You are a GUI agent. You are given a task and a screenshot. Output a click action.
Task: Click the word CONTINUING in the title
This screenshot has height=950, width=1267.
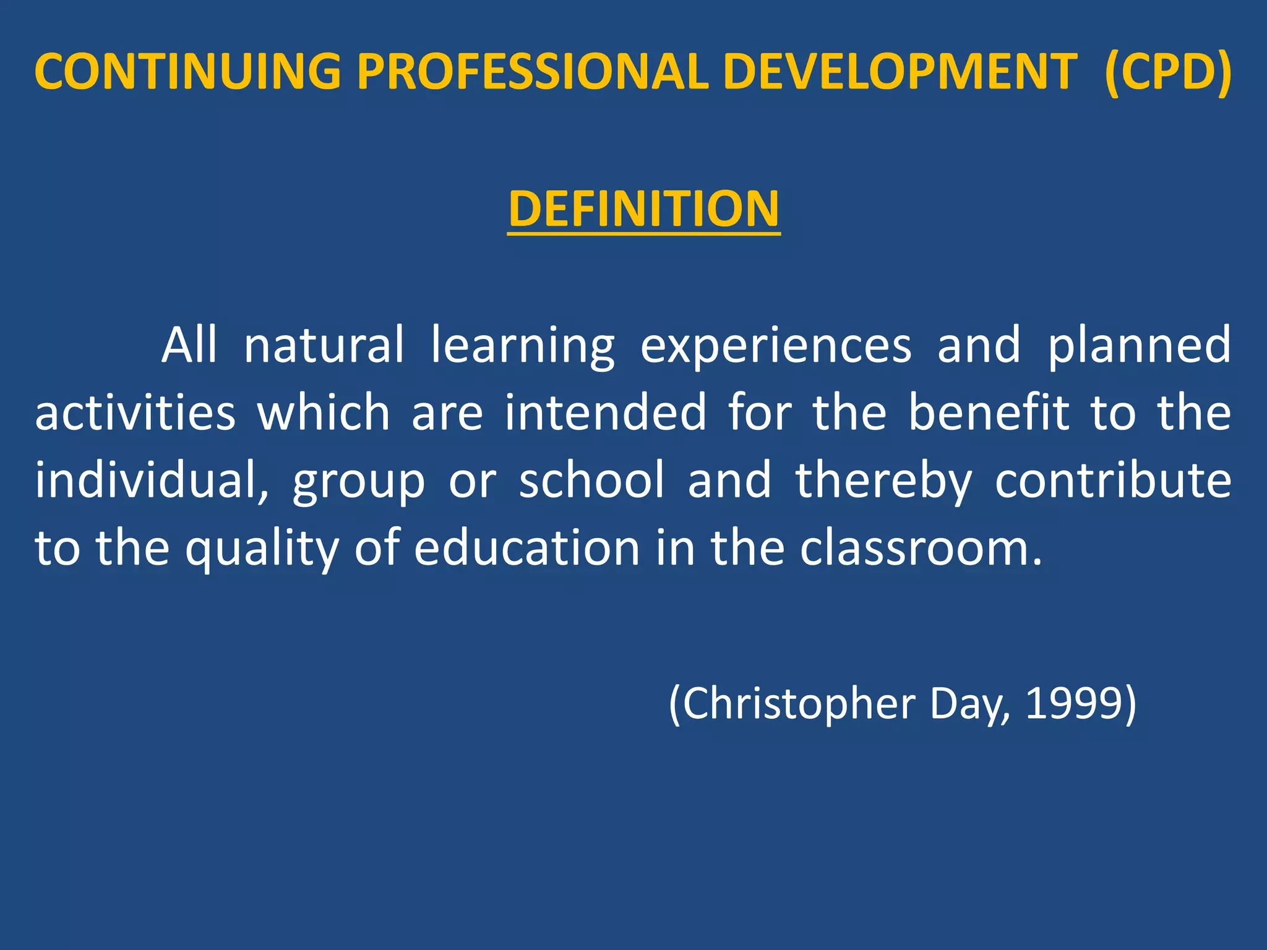tap(187, 72)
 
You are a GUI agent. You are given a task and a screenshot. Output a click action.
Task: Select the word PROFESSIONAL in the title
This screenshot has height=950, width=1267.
tap(533, 72)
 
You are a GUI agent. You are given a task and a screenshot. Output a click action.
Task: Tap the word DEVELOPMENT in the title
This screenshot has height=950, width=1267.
tap(900, 72)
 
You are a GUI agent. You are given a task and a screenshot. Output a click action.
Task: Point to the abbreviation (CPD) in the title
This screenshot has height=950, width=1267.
tap(1169, 72)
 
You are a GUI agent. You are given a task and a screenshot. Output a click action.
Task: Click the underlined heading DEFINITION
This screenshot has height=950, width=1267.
tap(643, 209)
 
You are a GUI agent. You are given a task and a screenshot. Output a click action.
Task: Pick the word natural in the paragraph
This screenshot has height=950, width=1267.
tap(324, 345)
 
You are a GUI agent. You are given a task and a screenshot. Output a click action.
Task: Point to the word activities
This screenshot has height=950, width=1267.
tap(135, 413)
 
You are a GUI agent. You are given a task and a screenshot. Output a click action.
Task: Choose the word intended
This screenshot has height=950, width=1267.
tap(605, 413)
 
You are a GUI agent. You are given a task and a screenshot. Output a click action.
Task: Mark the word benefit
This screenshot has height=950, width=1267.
tap(989, 413)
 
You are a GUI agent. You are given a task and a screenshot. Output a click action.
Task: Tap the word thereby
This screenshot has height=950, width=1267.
tap(883, 481)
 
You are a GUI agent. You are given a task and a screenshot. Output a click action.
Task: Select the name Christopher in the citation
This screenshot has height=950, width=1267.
tap(799, 705)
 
